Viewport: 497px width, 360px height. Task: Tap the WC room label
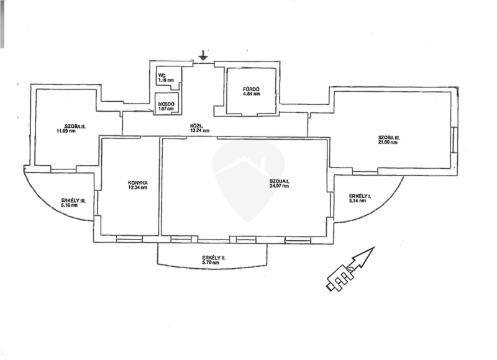pos(162,76)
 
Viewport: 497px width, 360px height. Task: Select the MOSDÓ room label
pos(165,103)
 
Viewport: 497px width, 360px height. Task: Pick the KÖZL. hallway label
pos(198,126)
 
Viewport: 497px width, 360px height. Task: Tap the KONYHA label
pos(137,182)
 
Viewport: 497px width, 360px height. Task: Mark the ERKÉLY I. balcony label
pos(360,196)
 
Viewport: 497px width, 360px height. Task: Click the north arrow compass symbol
pos(350,269)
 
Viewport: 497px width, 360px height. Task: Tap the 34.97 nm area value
pos(280,186)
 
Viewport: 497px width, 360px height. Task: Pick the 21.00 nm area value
pos(388,143)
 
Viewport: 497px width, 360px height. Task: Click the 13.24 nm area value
pos(199,131)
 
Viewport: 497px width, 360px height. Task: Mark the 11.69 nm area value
pos(66,131)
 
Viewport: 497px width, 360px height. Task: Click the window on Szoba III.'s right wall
pos(455,140)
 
